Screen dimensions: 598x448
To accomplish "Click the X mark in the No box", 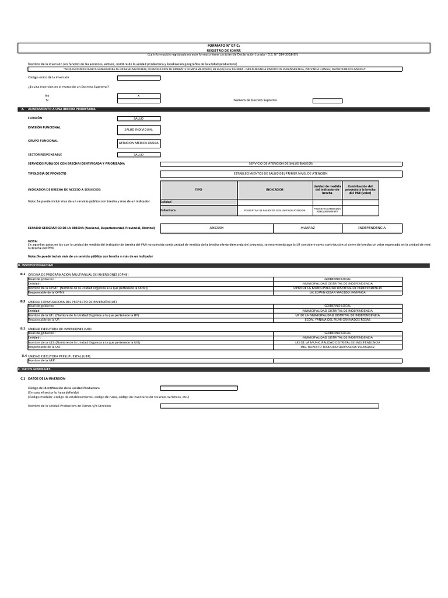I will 138,95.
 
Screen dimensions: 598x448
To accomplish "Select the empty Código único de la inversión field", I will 138,77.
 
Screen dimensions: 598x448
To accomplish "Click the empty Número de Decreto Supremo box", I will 327,100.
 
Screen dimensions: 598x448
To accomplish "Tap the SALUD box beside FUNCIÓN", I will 138,118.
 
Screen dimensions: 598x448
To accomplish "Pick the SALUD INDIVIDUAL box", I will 138,130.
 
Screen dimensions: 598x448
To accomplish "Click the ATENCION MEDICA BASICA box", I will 138,142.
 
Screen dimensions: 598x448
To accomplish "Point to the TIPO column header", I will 198,190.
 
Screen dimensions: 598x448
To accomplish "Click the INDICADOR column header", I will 275,190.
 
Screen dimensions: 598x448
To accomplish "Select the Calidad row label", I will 166,202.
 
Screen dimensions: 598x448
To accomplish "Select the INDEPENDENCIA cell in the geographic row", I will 372,227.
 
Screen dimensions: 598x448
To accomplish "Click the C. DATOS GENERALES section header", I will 38,370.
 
